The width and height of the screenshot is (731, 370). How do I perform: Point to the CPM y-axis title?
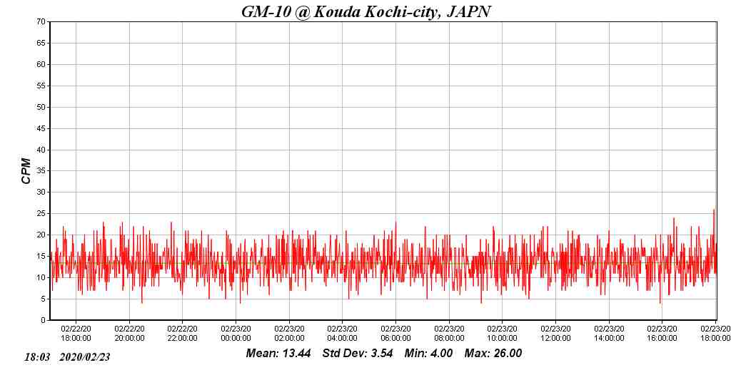pyautogui.click(x=26, y=171)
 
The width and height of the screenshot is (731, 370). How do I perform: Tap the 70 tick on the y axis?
pyautogui.click(x=41, y=22)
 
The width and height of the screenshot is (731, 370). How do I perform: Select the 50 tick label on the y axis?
pyautogui.click(x=41, y=107)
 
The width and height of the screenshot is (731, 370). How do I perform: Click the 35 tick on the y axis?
pyautogui.click(x=41, y=171)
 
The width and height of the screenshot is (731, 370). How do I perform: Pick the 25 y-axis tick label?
pyautogui.click(x=41, y=214)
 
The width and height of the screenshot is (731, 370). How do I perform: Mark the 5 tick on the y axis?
pyautogui.click(x=44, y=299)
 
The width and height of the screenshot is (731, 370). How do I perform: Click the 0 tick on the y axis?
pyautogui.click(x=44, y=320)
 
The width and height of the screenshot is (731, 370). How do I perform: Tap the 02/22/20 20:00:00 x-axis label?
pyautogui.click(x=129, y=334)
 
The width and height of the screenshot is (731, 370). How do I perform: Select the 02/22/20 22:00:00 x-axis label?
pyautogui.click(x=183, y=334)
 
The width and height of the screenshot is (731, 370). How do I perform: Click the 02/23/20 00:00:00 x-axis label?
pyautogui.click(x=236, y=334)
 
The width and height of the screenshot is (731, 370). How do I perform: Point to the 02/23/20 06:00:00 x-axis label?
pyautogui.click(x=395, y=334)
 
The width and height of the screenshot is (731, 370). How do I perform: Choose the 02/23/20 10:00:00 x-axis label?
pyautogui.click(x=502, y=334)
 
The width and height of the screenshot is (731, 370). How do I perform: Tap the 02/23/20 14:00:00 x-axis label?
pyautogui.click(x=608, y=334)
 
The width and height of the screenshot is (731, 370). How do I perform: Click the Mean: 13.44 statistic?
pyautogui.click(x=278, y=354)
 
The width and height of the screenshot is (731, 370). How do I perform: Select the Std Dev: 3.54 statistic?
pyautogui.click(x=358, y=354)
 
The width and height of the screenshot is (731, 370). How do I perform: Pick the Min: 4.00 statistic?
pyautogui.click(x=428, y=354)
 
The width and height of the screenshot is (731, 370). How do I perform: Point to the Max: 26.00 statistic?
pyautogui.click(x=493, y=354)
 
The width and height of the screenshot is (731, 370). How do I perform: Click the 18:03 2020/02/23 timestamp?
pyautogui.click(x=67, y=357)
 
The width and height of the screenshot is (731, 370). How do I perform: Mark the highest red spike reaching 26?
pyautogui.click(x=714, y=210)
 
